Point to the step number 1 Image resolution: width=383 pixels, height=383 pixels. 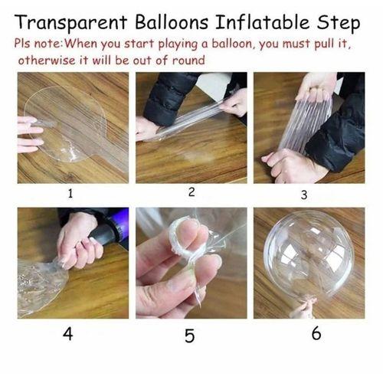pyautogui.click(x=70, y=194)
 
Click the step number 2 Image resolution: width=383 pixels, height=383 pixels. pyautogui.click(x=191, y=191)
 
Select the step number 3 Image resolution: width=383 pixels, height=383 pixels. pyautogui.click(x=303, y=195)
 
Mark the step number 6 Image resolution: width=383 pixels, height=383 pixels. pyautogui.click(x=316, y=334)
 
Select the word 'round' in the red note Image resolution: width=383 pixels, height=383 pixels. pyautogui.click(x=188, y=60)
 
